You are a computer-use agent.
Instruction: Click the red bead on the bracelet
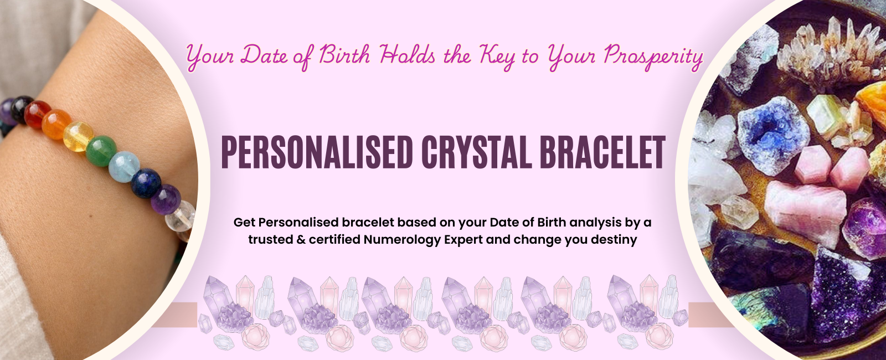click(38, 114)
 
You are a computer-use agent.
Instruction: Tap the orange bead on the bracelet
click(57, 124)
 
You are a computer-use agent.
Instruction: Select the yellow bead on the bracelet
click(78, 136)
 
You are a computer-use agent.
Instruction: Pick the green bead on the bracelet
click(101, 151)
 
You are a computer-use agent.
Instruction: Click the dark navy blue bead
click(146, 183)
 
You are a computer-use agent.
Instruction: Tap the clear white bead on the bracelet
click(181, 217)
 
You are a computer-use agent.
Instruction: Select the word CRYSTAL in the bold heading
click(476, 153)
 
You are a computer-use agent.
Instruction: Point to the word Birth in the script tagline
click(344, 55)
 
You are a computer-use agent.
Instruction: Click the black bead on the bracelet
click(22, 109)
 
